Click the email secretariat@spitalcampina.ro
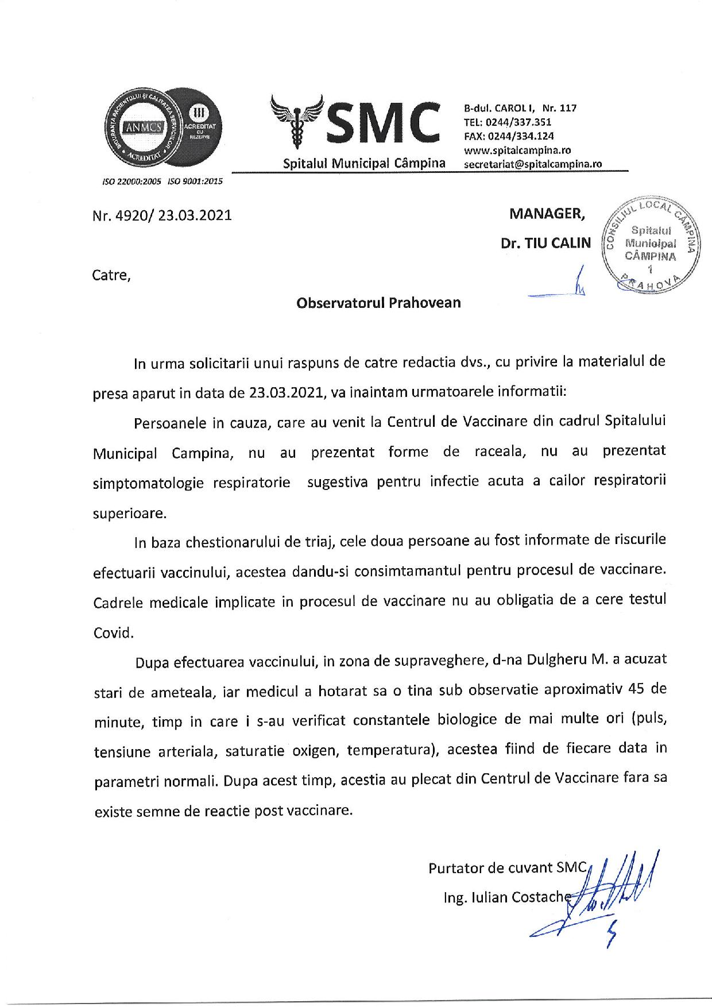coord(532,164)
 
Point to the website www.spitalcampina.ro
coord(517,150)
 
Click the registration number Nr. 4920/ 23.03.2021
coord(162,216)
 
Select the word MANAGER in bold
coord(547,214)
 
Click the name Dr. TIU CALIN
coord(545,243)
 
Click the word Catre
coord(111,275)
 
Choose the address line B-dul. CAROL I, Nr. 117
coord(520,108)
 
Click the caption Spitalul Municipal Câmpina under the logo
coord(364,163)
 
